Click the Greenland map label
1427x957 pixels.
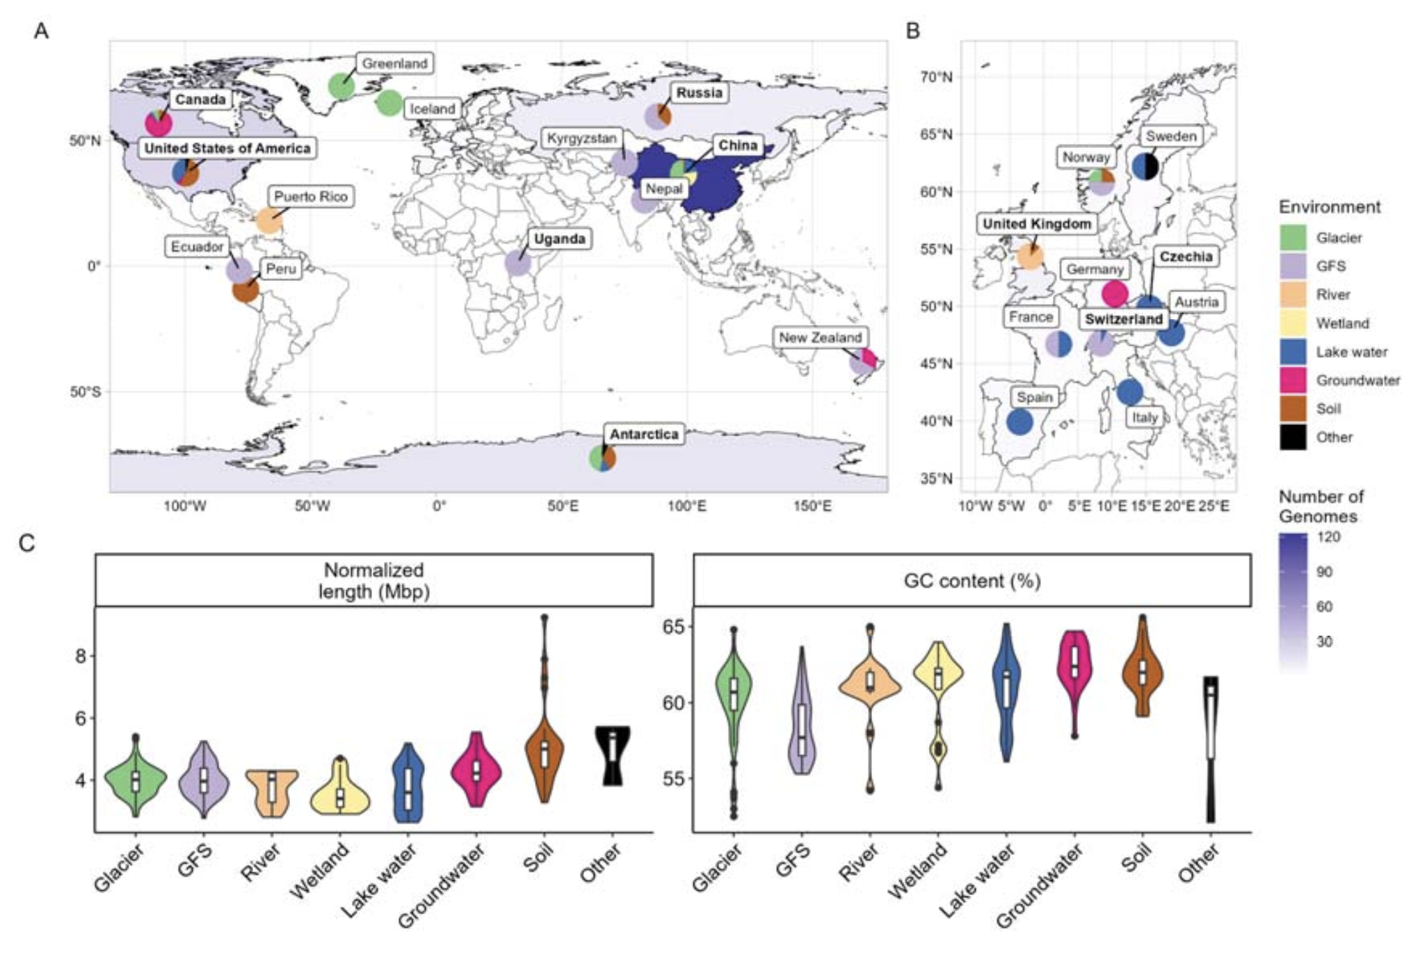pos(394,63)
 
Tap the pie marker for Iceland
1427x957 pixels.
pos(389,103)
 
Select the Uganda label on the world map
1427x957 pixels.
pos(559,239)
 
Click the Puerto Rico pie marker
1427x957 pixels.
pos(269,220)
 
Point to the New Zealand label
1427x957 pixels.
pos(820,337)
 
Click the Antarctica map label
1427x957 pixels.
pos(643,434)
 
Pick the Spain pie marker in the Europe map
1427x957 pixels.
pos(1019,422)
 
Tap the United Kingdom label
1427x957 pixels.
pos(1036,224)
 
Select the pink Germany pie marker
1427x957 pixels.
pos(1115,293)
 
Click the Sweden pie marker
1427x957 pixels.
pos(1145,166)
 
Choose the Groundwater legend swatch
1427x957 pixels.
pos(1293,380)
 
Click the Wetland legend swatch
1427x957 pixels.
pos(1293,323)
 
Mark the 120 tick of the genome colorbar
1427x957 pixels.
pos(1328,537)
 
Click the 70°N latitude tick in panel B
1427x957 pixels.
pos(937,77)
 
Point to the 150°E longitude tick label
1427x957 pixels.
pos(812,506)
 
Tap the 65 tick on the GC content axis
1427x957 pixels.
pos(673,627)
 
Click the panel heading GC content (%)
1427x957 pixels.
pos(972,581)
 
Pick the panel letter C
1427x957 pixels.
pos(27,543)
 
